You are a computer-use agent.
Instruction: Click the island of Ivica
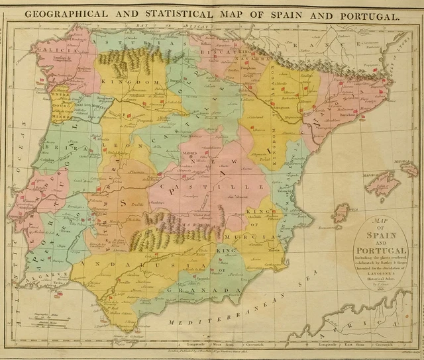pos(341,213)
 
